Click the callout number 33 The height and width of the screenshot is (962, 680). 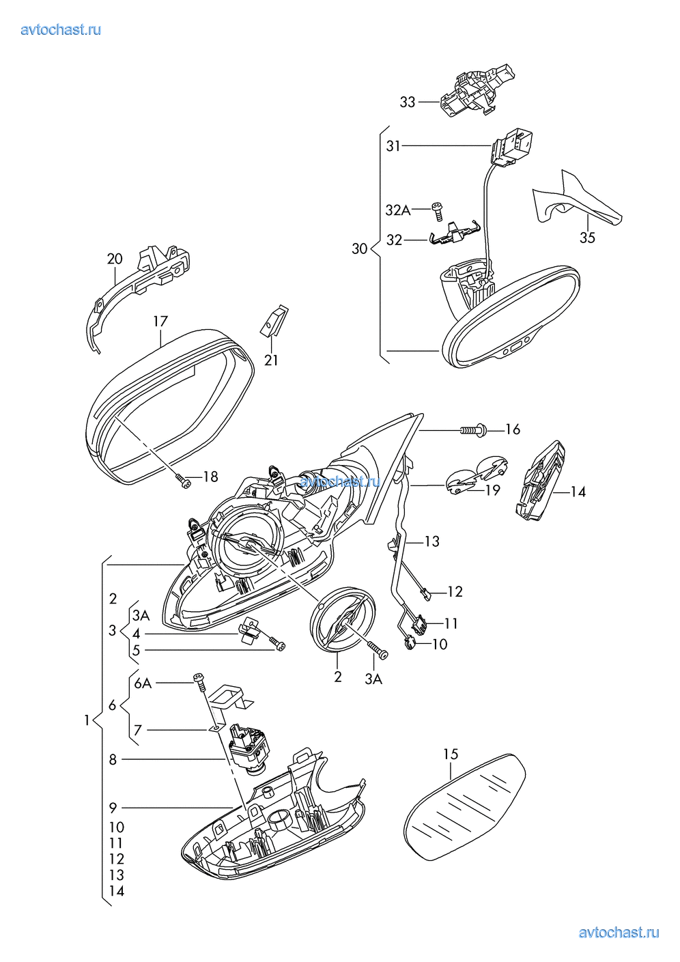407,102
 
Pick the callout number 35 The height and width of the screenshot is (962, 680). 587,238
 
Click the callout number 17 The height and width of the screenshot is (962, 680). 160,321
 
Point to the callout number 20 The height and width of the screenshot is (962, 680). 115,259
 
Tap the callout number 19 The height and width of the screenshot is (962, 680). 492,490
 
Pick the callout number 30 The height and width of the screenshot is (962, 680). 360,249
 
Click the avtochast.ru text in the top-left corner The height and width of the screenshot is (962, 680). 61,29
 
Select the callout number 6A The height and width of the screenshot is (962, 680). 143,683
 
